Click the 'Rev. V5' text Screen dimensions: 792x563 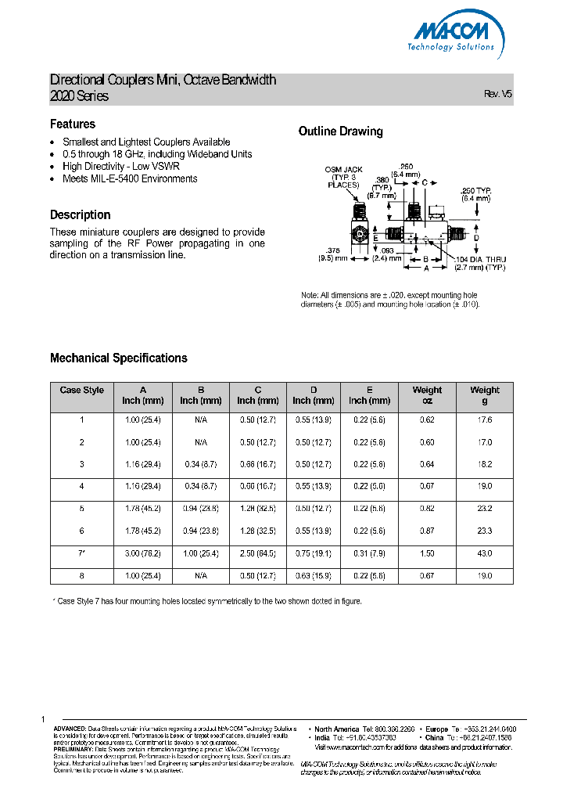498,94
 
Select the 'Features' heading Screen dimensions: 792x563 73,124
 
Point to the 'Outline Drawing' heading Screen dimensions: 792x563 341,131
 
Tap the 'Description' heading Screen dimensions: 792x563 81,214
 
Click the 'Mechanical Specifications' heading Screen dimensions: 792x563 119,358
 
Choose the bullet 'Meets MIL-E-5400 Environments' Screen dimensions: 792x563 130,178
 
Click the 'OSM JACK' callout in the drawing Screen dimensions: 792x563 339,170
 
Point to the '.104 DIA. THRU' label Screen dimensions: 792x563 481,259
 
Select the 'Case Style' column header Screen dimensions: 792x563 81,390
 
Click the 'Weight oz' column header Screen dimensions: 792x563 427,395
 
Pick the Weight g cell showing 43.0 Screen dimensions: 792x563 485,553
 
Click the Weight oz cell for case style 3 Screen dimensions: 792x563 427,464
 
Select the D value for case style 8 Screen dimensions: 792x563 313,576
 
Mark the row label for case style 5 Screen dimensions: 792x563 81,509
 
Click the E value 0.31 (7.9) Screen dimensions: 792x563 369,553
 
